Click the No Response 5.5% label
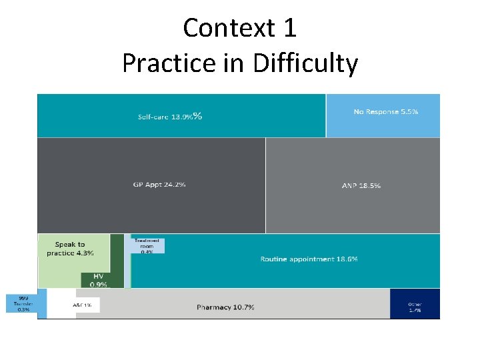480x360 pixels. coord(385,112)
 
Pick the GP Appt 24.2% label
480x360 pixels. coord(159,184)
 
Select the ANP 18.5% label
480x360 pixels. coord(361,185)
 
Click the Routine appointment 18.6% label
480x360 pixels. coord(309,259)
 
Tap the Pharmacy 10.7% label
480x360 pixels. coord(225,307)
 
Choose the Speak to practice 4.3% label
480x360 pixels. coord(70,249)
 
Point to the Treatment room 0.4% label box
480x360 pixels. coord(147,246)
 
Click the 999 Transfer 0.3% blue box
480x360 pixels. coord(23,304)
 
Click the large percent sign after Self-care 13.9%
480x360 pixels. coord(197,116)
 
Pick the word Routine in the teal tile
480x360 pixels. coord(274,259)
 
